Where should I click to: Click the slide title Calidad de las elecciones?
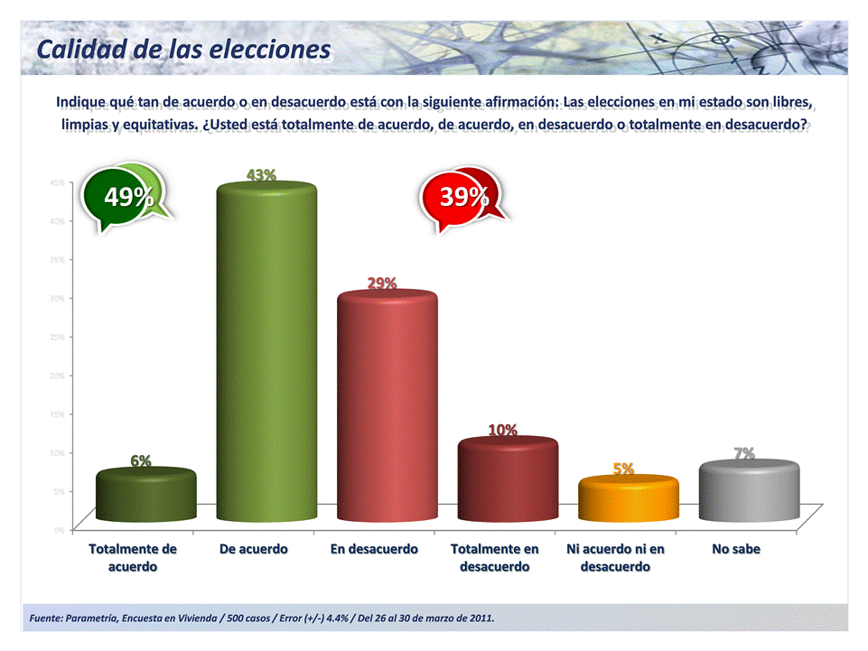[183, 49]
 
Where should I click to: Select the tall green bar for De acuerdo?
[267, 352]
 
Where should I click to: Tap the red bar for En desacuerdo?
[387, 406]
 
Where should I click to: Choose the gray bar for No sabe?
[749, 491]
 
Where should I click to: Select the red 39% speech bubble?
[464, 198]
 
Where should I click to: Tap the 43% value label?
[262, 173]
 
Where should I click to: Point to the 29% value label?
[381, 283]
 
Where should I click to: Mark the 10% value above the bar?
[503, 430]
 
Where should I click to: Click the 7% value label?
[744, 453]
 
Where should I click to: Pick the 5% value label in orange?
[623, 469]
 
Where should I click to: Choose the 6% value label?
[140, 460]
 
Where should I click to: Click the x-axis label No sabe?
[736, 549]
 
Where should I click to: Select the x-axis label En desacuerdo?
[374, 549]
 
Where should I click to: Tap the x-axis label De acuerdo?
[254, 549]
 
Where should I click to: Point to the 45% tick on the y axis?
[56, 181]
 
